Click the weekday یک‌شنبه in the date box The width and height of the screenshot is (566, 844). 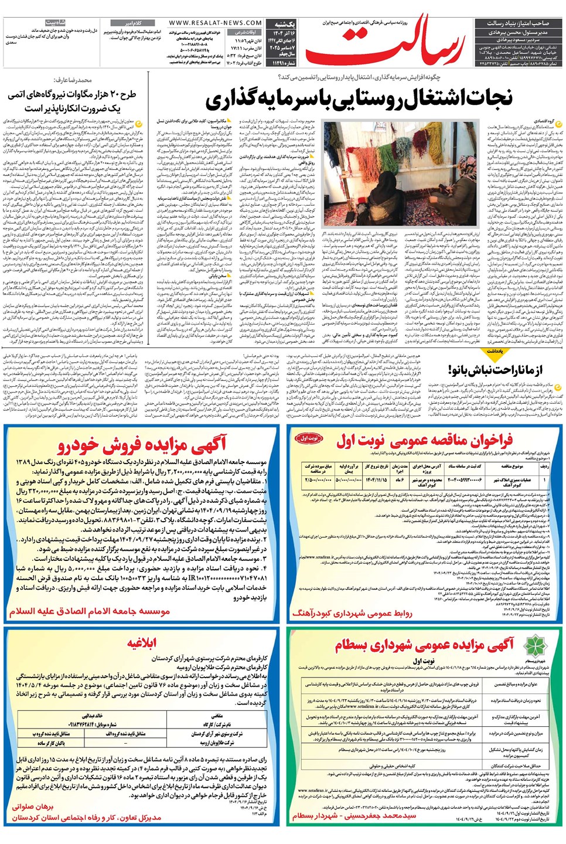coord(285,24)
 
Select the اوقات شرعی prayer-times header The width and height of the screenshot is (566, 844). coord(246,32)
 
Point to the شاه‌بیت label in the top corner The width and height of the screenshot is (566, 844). coord(56,22)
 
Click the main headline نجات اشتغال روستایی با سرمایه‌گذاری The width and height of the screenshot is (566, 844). coord(359,98)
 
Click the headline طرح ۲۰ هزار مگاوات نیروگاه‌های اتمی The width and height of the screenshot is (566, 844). coord(71,94)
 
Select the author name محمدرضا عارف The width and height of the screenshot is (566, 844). coord(73,80)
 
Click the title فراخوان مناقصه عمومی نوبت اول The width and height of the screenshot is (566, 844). coord(425,440)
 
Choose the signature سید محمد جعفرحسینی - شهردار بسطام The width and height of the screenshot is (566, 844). coord(354,815)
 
